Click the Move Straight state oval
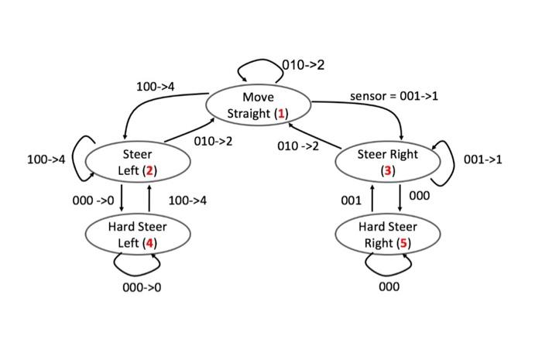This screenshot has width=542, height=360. [258, 105]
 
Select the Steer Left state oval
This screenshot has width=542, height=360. [137, 162]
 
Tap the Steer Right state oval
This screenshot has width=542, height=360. [387, 162]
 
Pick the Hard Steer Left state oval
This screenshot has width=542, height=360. [137, 235]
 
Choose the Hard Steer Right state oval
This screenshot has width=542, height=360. [387, 235]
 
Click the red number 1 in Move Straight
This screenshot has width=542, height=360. [282, 114]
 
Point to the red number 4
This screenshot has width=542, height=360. [149, 243]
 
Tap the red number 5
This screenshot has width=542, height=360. [401, 243]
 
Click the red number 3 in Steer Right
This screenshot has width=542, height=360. [387, 170]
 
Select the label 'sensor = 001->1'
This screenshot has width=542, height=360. [394, 96]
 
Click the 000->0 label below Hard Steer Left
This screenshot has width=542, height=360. [142, 287]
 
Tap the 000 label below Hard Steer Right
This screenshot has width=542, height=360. [389, 286]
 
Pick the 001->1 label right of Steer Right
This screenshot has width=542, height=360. [482, 159]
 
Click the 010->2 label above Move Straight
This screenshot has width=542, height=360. [303, 65]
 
